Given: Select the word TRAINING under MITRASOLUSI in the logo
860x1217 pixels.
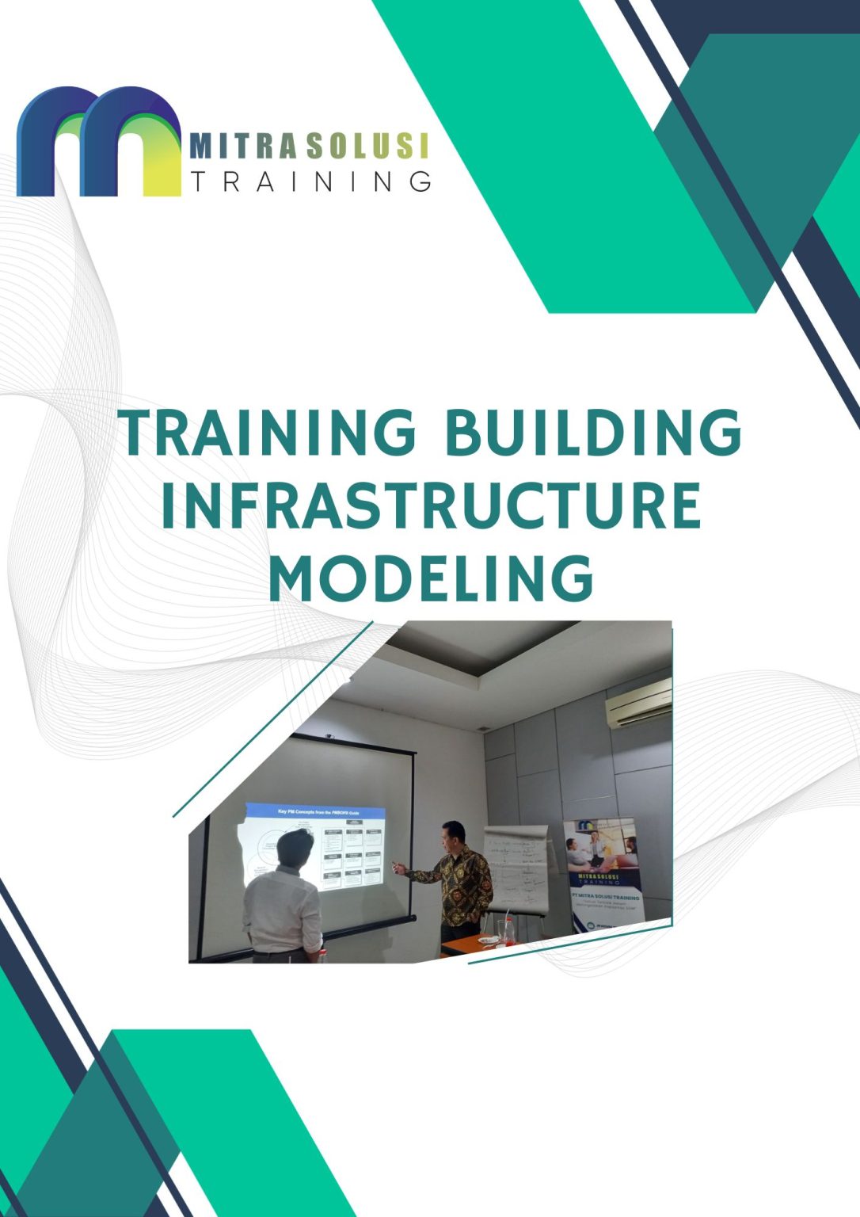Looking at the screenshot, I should coord(311,181).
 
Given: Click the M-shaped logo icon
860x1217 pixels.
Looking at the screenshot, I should coord(99,143).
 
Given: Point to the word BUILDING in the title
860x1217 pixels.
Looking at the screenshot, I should coord(593,433).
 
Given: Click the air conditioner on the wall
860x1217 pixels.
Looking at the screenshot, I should coord(638,704).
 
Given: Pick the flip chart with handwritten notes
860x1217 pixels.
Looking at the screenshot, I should coord(516,868).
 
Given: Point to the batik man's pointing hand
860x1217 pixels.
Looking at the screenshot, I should coord(399,869).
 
